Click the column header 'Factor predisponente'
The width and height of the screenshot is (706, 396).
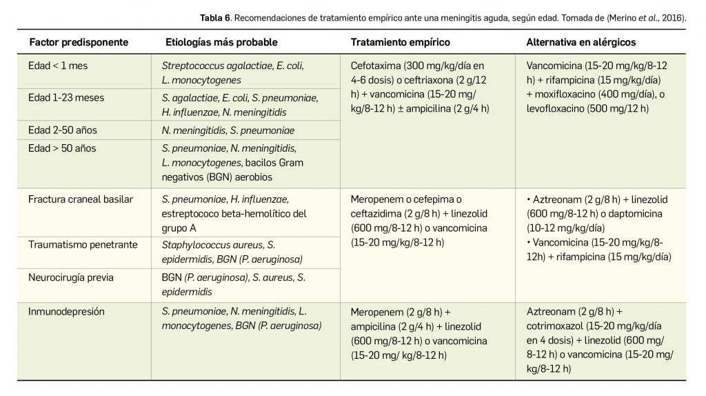pos(79,43)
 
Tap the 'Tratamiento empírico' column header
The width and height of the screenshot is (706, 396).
pos(400,43)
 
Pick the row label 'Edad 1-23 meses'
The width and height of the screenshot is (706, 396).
pos(66,98)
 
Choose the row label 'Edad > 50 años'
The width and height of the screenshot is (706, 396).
pos(62,148)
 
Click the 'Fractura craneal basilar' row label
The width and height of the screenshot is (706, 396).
pos(81,199)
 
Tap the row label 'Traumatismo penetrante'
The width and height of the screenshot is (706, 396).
pos(83,245)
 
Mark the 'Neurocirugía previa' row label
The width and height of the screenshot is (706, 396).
pos(71,277)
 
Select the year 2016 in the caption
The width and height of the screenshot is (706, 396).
pos(673,17)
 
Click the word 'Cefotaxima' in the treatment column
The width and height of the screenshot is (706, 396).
pos(376,66)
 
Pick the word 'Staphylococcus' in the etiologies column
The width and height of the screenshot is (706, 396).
pos(193,245)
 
